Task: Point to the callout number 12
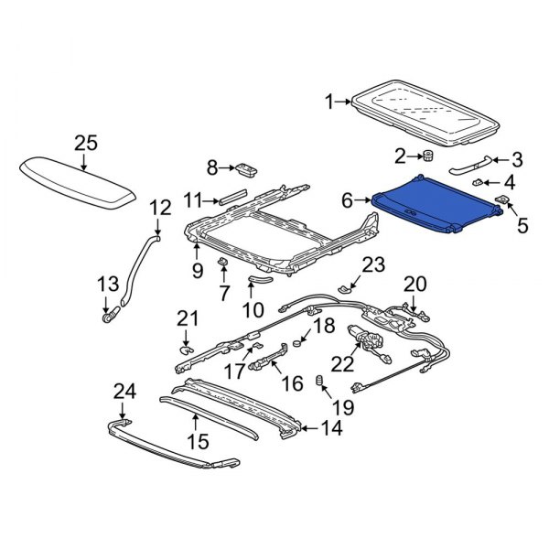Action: (x=159, y=208)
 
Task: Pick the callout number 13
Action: (x=108, y=285)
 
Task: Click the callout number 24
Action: (x=124, y=392)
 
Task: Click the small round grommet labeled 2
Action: (x=426, y=156)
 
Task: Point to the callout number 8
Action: (x=213, y=167)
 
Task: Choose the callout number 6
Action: (x=348, y=199)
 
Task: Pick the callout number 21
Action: (x=187, y=318)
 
